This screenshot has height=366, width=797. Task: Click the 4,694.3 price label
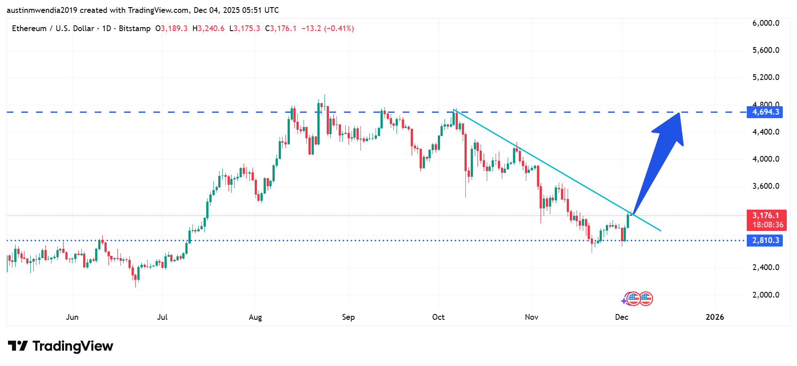coord(765,112)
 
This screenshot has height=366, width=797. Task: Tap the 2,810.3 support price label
coord(765,240)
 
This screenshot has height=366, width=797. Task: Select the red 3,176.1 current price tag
coord(766,220)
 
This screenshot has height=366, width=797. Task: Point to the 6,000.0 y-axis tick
coord(765,23)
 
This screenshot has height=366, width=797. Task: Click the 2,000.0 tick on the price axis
coord(765,295)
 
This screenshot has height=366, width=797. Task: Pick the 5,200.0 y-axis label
coord(765,77)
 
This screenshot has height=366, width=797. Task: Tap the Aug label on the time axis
coord(255,317)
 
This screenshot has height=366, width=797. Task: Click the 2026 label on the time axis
coord(715,317)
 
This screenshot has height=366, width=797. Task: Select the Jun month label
coord(72,317)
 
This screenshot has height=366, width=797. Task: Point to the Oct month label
coord(438,317)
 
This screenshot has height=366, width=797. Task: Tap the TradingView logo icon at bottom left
coord(18,346)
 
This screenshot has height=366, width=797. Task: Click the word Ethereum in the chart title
coord(29,28)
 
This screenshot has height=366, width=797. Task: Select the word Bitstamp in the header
coord(135,28)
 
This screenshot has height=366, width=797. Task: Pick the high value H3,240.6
coord(208,28)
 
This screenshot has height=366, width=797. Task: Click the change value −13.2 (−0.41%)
coord(328,28)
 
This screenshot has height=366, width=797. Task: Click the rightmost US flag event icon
coord(645,299)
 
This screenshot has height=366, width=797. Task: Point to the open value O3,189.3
coord(172,28)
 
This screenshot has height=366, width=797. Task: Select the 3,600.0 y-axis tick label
coord(765,186)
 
